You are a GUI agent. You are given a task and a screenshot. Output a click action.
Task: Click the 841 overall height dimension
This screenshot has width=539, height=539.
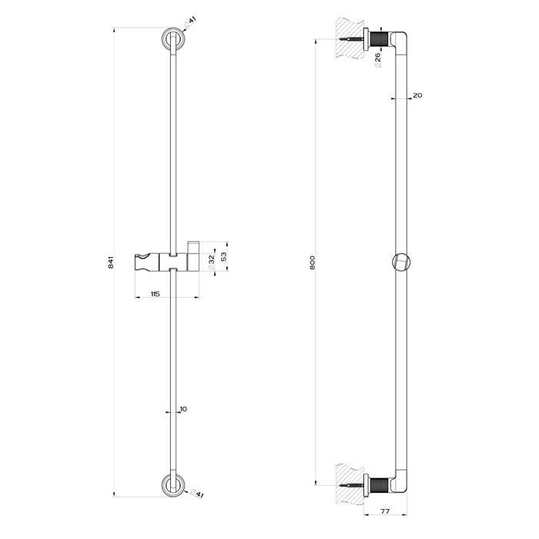tap(111, 262)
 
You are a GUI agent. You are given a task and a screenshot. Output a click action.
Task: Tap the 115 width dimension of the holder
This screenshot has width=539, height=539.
tap(155, 294)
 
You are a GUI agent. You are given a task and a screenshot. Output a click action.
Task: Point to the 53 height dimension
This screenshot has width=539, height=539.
tap(224, 255)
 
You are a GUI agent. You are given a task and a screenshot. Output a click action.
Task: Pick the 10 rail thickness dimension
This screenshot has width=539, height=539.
tap(182, 409)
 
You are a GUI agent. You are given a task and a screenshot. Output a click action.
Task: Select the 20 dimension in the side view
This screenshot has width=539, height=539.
tap(417, 95)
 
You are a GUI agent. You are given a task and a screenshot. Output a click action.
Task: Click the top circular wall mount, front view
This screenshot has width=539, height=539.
tap(172, 38)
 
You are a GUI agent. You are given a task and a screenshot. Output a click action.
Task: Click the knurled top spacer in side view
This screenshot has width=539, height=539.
tap(380, 38)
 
